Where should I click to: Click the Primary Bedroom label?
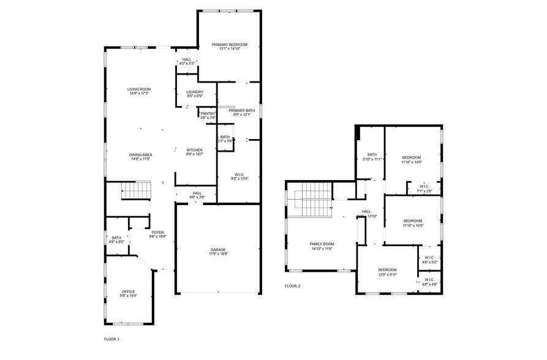(230, 46)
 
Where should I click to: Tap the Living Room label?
(140, 91)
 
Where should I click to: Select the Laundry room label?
(194, 94)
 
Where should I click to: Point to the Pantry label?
(208, 115)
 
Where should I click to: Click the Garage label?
(219, 252)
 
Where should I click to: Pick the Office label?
(128, 293)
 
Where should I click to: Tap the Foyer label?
(157, 234)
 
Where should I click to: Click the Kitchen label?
(194, 152)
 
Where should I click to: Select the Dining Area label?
(140, 157)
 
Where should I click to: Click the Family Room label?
(322, 246)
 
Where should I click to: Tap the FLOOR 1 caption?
(111, 338)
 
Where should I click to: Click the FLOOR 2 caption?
(293, 286)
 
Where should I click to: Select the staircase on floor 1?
(135, 191)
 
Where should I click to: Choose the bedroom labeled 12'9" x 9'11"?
(387, 272)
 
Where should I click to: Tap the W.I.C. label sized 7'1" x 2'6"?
(424, 189)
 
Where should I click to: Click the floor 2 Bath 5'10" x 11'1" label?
(372, 156)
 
